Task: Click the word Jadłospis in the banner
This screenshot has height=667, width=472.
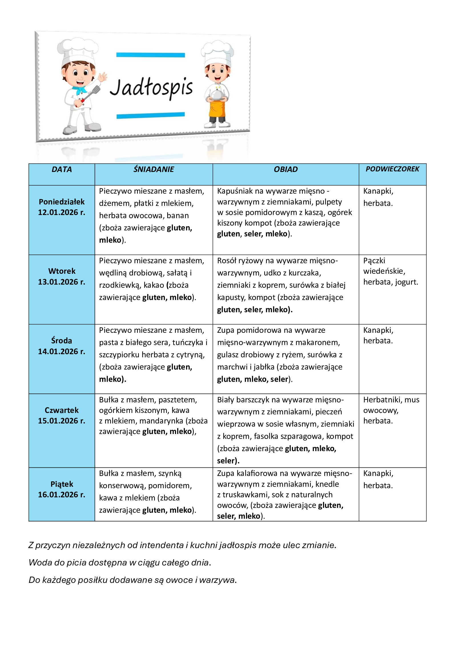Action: (151, 87)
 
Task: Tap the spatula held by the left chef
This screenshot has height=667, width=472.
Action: (92, 93)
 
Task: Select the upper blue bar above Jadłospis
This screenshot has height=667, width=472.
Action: (151, 55)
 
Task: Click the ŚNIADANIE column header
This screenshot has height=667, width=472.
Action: (154, 169)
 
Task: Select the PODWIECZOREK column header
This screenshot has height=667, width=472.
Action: (392, 169)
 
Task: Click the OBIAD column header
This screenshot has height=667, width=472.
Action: (285, 169)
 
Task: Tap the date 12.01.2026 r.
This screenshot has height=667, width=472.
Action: (62, 212)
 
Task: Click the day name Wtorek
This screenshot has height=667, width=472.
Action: (62, 271)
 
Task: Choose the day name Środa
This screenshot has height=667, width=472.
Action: (62, 340)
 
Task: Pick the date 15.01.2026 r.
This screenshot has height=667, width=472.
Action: (62, 421)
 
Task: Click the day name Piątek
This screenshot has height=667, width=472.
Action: (62, 484)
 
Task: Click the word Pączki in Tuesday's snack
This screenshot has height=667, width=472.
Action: (374, 261)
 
